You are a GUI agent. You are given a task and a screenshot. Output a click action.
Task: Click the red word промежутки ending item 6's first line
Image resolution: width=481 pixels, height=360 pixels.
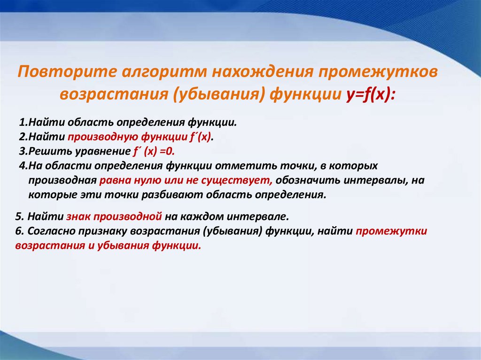(x=391, y=232)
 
